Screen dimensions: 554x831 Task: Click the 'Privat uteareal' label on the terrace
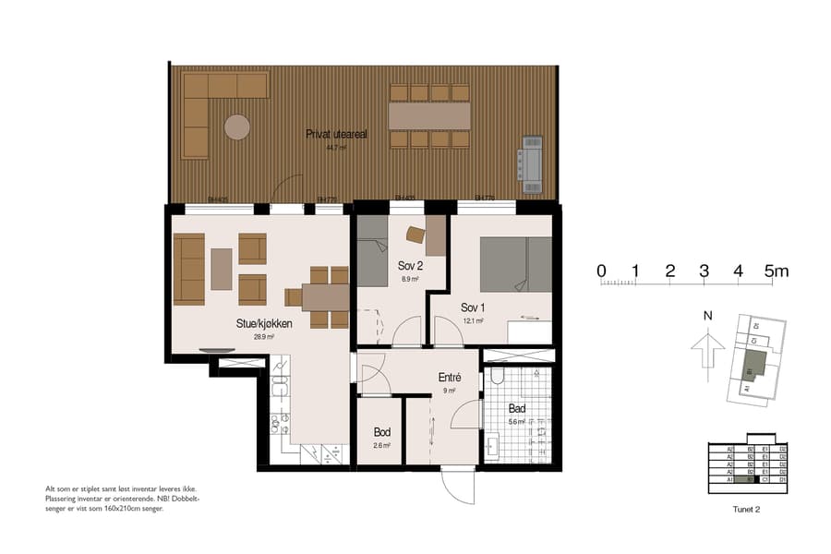337,135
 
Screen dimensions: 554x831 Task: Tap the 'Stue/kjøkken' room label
264,324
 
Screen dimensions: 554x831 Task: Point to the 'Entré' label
450,378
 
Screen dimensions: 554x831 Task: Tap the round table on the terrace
237,126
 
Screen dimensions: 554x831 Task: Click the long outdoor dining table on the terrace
429,115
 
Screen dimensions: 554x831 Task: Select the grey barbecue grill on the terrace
533,163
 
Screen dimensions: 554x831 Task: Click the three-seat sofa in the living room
189,269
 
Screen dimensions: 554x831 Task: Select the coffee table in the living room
222,269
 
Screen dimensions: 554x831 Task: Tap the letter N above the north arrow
707,316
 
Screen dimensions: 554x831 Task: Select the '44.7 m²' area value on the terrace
336,147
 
